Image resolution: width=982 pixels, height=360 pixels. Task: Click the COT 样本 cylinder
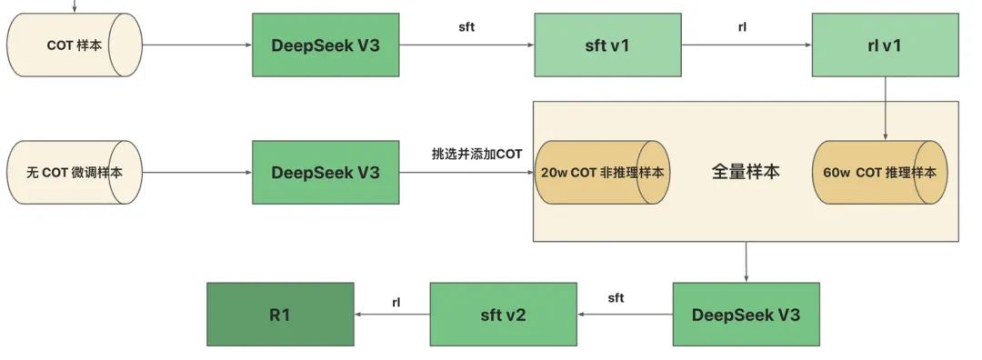[x=75, y=45]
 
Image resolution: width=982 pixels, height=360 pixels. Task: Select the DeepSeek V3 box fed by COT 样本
[x=326, y=45]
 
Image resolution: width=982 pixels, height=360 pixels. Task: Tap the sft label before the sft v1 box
[x=466, y=26]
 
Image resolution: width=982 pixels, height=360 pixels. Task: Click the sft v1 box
[x=607, y=45]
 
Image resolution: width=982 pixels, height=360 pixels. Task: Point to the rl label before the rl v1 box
[x=743, y=26]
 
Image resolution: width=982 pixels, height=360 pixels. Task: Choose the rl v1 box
[x=886, y=45]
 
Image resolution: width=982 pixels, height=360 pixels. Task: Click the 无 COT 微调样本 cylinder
[x=75, y=172]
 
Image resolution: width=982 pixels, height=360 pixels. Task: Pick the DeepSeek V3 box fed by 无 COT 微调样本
[x=326, y=172]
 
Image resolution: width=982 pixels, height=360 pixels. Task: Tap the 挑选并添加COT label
[x=476, y=154]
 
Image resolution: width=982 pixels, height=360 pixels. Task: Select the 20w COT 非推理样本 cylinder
[x=603, y=172]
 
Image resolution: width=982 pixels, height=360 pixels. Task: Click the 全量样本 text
[x=745, y=171]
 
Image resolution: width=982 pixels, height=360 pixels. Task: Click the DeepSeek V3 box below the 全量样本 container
[x=746, y=315]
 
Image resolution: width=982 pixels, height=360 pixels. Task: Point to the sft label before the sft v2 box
[x=616, y=297]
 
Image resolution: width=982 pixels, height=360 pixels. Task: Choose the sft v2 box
[x=503, y=315]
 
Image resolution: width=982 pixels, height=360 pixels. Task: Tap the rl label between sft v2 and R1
[x=396, y=301]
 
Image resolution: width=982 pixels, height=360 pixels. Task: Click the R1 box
[x=279, y=315]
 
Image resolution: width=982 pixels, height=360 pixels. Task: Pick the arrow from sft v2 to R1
[x=391, y=315]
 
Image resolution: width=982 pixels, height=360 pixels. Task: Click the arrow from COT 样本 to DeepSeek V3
[x=196, y=45]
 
